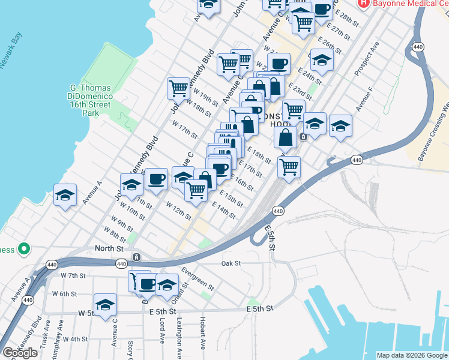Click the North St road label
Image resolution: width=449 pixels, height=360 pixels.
[x=109, y=248]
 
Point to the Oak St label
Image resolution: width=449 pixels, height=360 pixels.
[x=231, y=263]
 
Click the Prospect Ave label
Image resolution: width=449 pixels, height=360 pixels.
[x=366, y=58]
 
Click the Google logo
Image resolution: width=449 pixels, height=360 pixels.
[x=20, y=353]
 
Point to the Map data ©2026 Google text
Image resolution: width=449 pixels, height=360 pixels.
[x=412, y=355]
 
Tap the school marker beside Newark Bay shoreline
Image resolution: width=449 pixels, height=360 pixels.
[x=65, y=195]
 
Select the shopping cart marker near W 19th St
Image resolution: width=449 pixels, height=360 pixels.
[x=179, y=89]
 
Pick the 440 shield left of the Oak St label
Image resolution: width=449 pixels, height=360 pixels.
[x=121, y=264]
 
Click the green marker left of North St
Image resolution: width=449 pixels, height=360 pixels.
[x=24, y=248]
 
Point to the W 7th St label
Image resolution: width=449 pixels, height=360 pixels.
[x=74, y=275]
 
